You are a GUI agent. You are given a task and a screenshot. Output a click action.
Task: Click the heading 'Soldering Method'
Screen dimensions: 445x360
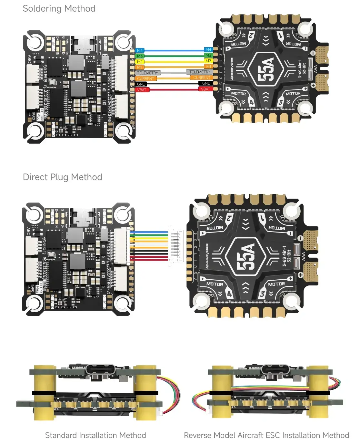[59, 9]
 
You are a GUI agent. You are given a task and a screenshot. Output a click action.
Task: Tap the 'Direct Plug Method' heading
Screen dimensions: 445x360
[62, 177]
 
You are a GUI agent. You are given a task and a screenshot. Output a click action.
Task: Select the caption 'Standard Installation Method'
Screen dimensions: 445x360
[95, 435]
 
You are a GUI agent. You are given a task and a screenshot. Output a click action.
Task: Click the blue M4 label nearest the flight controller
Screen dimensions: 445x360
[140, 50]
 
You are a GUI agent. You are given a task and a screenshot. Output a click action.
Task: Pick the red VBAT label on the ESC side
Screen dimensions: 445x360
[205, 89]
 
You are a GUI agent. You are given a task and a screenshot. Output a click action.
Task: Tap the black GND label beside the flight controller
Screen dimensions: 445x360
[141, 84]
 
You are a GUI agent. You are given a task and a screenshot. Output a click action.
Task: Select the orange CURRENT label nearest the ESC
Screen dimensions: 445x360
[202, 78]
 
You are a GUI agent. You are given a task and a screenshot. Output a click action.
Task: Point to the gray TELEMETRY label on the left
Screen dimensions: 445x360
[148, 73]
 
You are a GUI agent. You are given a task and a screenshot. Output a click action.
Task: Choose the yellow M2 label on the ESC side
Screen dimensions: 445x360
[208, 61]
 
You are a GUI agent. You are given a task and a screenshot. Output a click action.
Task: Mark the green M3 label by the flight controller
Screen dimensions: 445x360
[140, 56]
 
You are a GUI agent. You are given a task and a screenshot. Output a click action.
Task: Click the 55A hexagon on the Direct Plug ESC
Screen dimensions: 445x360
[246, 257]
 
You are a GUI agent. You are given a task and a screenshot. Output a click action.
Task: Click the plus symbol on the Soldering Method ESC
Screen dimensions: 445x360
[313, 85]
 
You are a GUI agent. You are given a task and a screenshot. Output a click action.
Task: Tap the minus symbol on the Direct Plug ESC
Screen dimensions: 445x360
[300, 238]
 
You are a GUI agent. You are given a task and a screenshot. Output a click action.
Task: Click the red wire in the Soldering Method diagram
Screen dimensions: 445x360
[174, 89]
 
